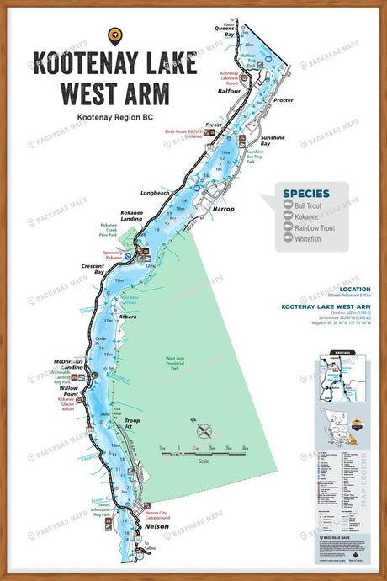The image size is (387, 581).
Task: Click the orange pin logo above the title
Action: [x=115, y=35]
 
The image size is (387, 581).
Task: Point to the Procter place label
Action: [x=283, y=100]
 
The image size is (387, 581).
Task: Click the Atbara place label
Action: [x=128, y=317]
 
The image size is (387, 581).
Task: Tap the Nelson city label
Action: [x=157, y=526]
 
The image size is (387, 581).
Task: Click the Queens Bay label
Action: [x=224, y=31]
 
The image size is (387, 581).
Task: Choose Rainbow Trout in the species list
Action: [x=315, y=228]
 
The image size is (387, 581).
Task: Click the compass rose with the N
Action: [x=204, y=432]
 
